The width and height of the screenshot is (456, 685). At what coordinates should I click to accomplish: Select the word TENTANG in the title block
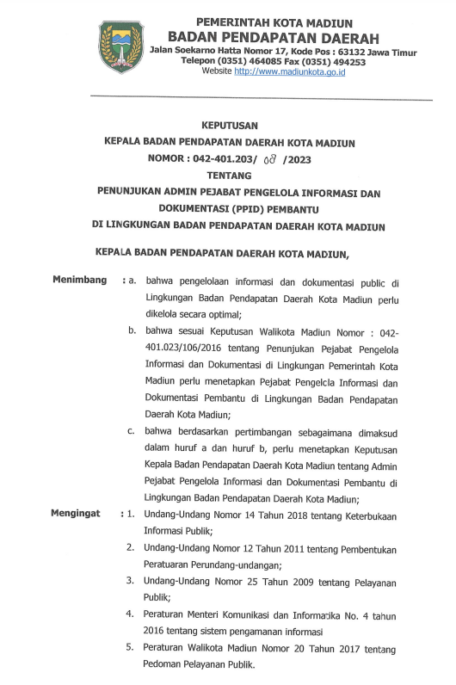pos(228,174)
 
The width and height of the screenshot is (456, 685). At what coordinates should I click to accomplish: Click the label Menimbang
pos(80,281)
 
